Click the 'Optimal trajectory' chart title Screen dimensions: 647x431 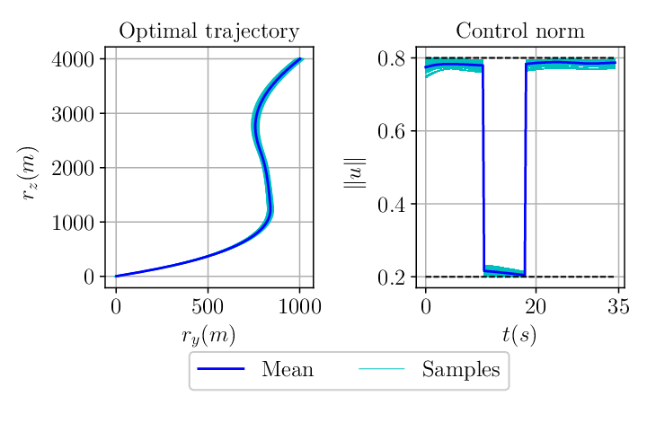[x=209, y=31]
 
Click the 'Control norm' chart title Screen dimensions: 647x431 [x=520, y=31]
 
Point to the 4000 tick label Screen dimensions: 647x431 [x=73, y=59]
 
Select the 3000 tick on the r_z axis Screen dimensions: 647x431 [x=73, y=114]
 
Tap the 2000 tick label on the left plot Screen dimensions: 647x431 [x=73, y=168]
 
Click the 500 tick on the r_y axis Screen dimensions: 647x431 [x=208, y=307]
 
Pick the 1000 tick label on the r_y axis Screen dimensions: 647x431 [x=299, y=307]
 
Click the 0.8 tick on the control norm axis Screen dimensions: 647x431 [x=391, y=58]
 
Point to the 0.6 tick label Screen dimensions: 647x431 [x=391, y=131]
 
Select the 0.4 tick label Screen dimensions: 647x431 [x=391, y=204]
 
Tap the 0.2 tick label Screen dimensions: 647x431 [x=391, y=277]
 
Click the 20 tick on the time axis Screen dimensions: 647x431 [x=536, y=307]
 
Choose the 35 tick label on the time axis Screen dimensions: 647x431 [x=618, y=307]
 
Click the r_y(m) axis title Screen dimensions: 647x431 [x=208, y=335]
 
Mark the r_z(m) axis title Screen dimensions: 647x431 [x=29, y=173]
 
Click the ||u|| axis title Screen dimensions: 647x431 [x=355, y=173]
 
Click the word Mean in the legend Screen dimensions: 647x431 [x=288, y=369]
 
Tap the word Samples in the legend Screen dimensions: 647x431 [x=461, y=370]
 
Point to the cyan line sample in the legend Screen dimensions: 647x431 [x=382, y=368]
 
